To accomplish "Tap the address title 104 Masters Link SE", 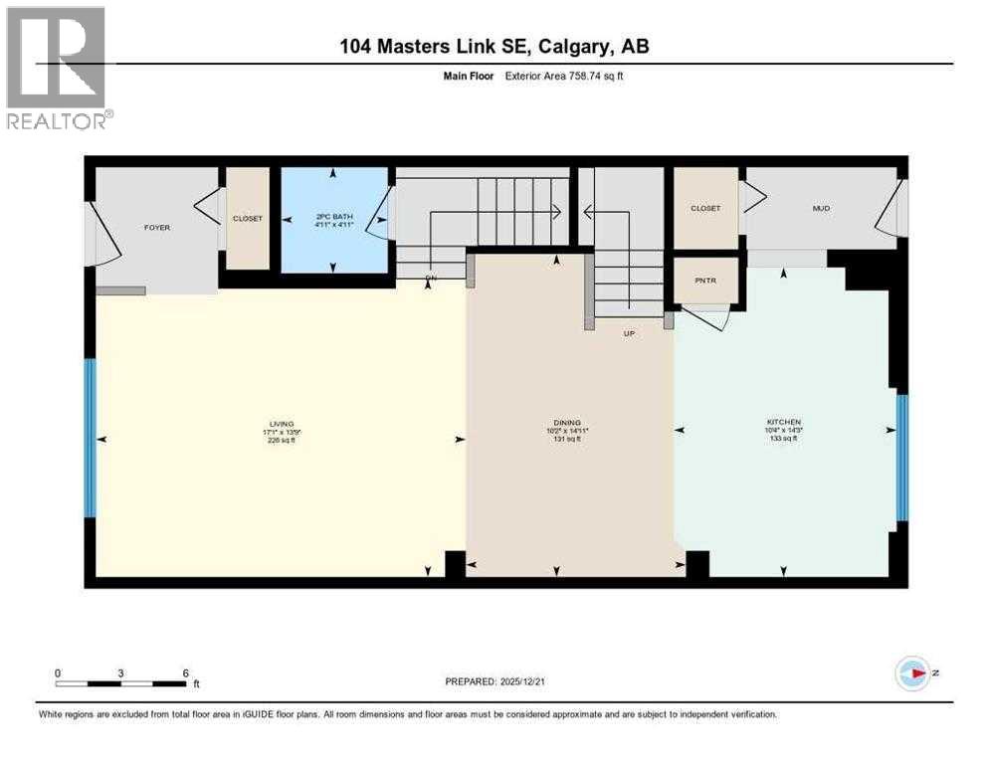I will (x=494, y=47).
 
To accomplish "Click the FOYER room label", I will (x=157, y=228).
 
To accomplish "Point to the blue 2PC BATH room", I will (x=333, y=220).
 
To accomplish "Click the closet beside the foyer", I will (x=248, y=218).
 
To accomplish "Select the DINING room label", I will (x=568, y=423).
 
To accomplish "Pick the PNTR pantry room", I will (x=705, y=281).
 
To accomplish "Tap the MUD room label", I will (x=821, y=208).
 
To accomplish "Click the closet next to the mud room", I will (x=705, y=208).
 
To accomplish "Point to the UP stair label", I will (x=629, y=333).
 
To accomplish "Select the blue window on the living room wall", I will (x=90, y=438).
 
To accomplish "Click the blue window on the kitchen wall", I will (x=901, y=458).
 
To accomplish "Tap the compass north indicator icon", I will (x=912, y=673).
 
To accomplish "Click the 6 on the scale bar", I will (x=185, y=672).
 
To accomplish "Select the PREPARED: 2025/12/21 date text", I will (x=494, y=681).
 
